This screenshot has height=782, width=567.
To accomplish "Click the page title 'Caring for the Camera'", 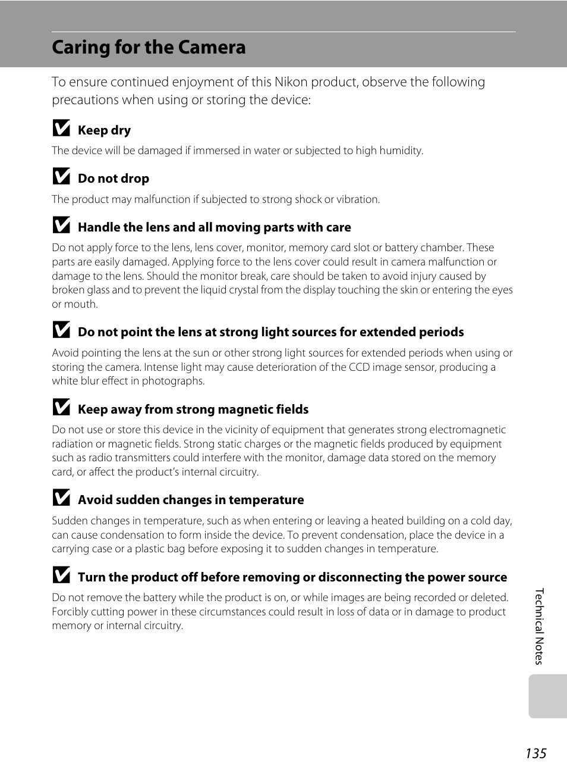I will coord(149,48).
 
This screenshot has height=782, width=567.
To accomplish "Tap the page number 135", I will coord(535,753).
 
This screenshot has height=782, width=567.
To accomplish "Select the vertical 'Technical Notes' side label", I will coord(539,626).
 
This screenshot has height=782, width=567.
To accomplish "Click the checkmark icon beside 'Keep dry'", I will coord(61,129).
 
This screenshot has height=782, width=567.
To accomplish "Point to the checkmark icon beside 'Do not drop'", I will coord(61,177).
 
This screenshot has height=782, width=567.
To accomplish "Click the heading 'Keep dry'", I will coord(104,130).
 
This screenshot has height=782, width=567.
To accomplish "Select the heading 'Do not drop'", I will coord(114,179).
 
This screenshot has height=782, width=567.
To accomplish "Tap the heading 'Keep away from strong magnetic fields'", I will coord(193,409).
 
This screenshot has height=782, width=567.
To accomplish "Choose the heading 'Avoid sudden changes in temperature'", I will coord(191,500).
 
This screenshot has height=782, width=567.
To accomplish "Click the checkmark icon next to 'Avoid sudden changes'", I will coord(61,498).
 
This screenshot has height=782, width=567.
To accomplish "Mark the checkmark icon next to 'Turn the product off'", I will coord(61,575).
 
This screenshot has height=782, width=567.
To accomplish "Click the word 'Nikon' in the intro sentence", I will coord(291,82).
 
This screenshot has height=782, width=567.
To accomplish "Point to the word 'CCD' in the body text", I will coord(359,367).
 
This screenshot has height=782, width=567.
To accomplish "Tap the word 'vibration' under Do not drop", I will coord(357,199).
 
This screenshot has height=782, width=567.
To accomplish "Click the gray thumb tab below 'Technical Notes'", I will coord(547,696).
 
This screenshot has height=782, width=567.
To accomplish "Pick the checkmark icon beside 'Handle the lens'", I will coord(61,226).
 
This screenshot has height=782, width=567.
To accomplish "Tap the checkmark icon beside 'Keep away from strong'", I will coord(61,408).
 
